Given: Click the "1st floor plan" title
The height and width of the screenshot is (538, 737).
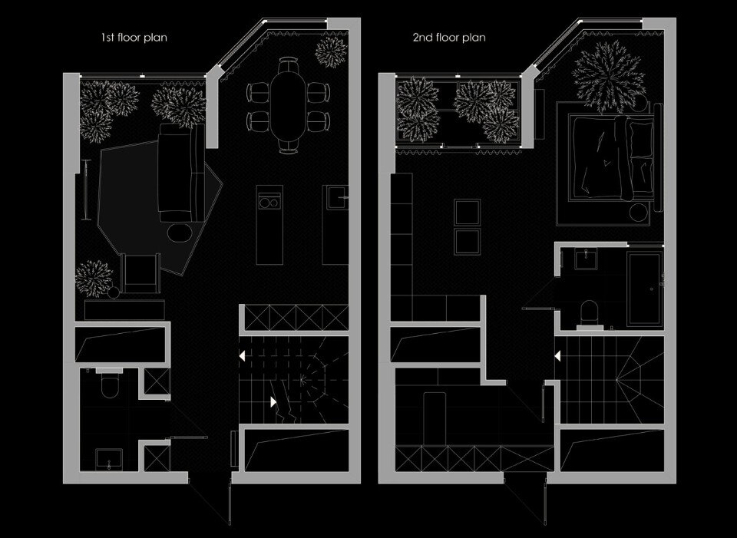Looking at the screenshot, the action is pyautogui.click(x=134, y=37).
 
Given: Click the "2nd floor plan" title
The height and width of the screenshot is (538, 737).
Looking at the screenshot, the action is pyautogui.click(x=449, y=37).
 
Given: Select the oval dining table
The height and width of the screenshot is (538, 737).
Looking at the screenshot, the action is pyautogui.click(x=288, y=105).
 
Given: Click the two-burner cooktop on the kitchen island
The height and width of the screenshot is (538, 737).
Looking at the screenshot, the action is pyautogui.click(x=269, y=203).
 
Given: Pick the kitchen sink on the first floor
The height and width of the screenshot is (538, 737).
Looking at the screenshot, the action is pyautogui.click(x=336, y=198).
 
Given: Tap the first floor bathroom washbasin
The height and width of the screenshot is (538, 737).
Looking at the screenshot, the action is pyautogui.click(x=109, y=460).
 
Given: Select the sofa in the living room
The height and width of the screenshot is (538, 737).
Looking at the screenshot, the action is pyautogui.click(x=181, y=173).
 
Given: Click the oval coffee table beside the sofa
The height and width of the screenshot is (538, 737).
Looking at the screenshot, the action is pyautogui.click(x=180, y=233).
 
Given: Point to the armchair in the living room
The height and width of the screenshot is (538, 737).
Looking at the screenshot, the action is pyautogui.click(x=140, y=273).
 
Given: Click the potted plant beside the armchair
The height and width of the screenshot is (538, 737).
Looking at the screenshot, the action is pyautogui.click(x=94, y=279).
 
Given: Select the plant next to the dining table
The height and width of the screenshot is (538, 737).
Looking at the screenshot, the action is pyautogui.click(x=331, y=51).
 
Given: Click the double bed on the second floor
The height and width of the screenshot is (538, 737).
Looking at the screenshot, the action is pyautogui.click(x=611, y=157).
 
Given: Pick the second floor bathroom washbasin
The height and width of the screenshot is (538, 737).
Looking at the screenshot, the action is pyautogui.click(x=586, y=260).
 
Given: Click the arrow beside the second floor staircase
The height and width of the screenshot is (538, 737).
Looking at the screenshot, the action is pyautogui.click(x=557, y=357).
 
